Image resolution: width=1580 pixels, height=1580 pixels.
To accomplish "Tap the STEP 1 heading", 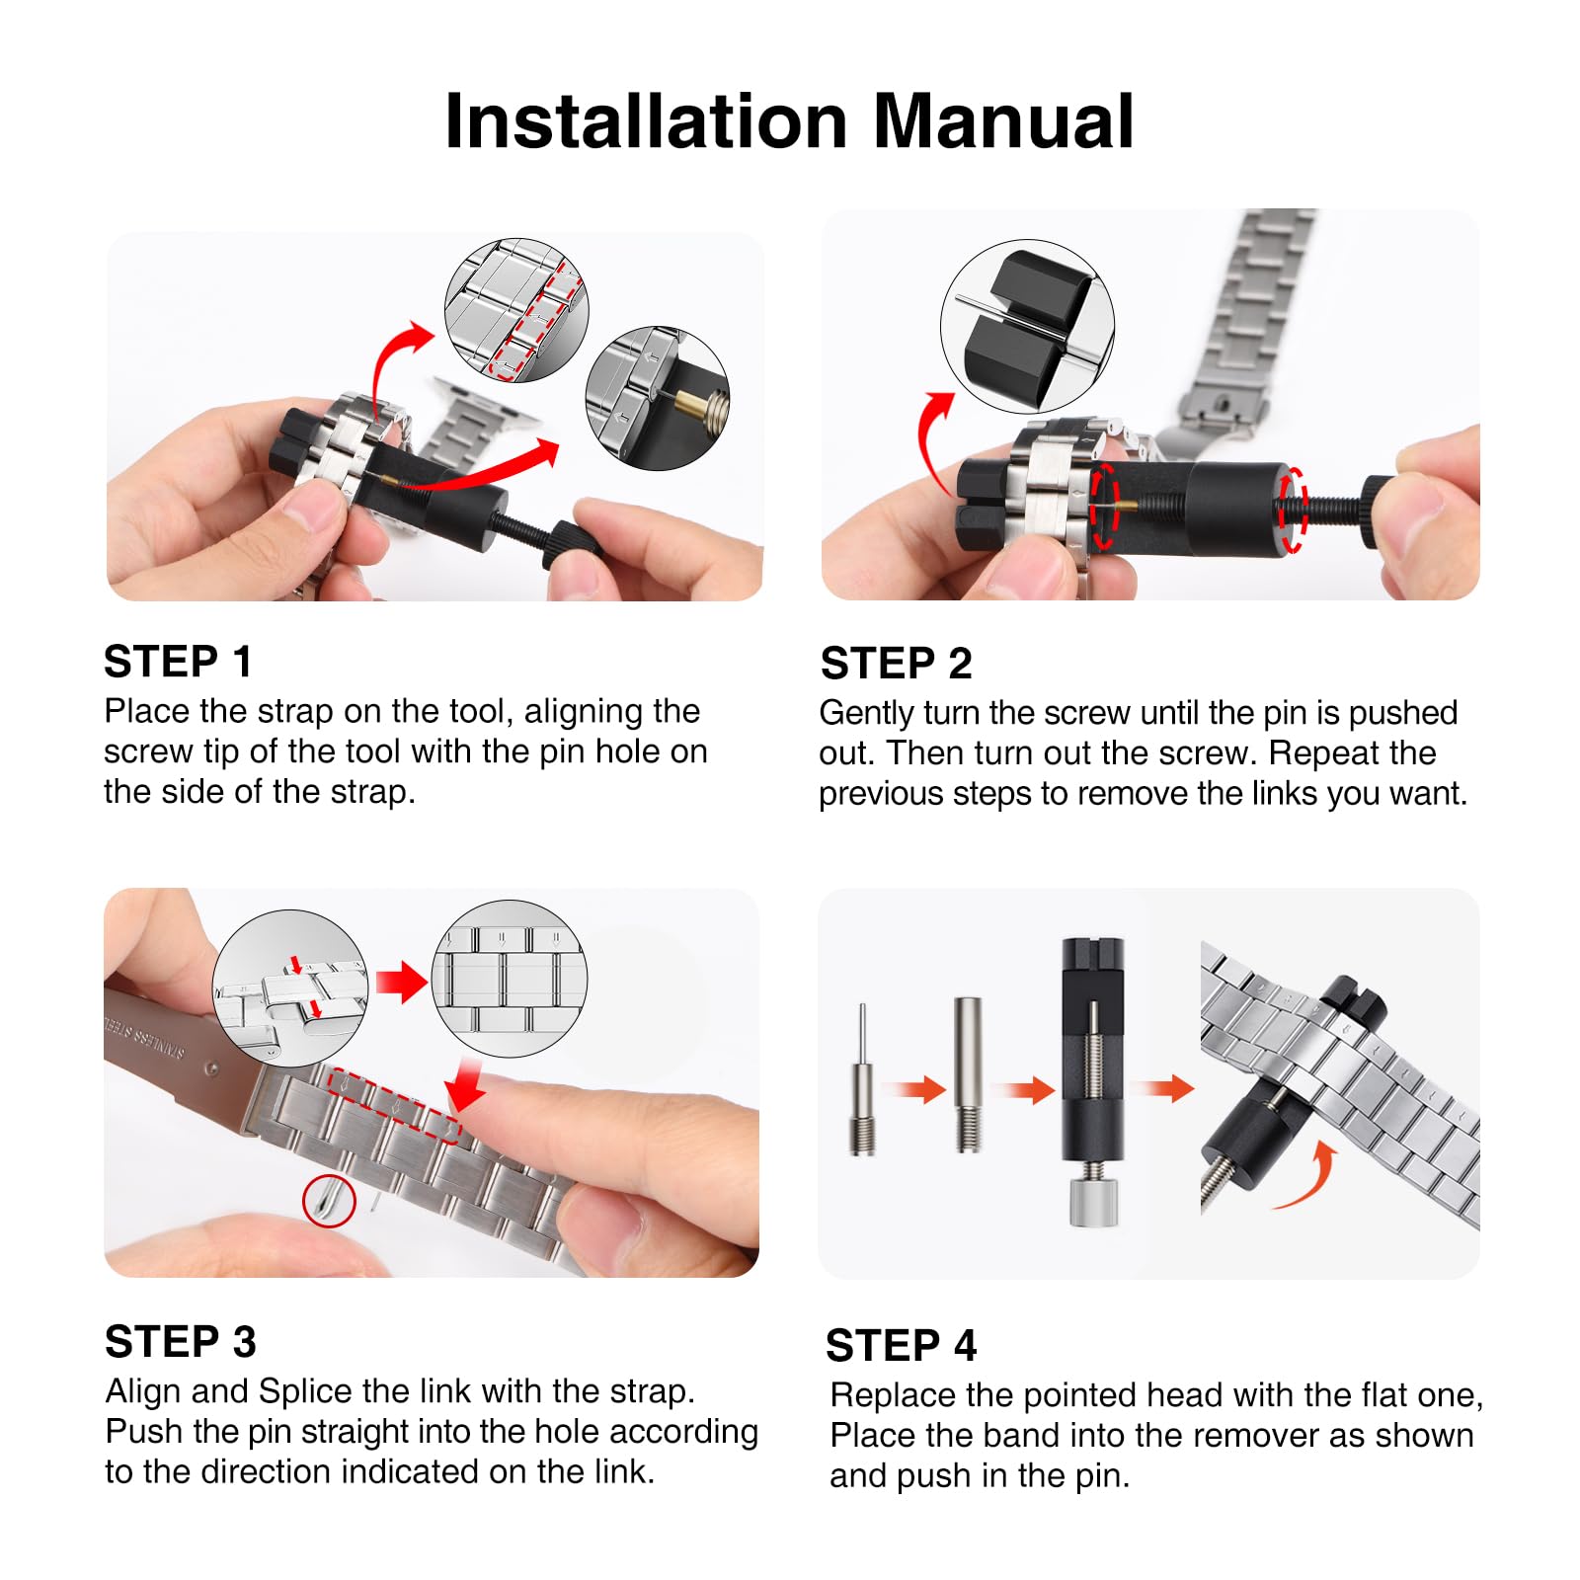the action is pyautogui.click(x=178, y=662).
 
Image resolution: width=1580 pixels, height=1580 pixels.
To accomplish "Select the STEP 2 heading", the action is pyautogui.click(x=896, y=664).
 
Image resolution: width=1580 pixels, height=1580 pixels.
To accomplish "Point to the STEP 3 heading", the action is pyautogui.click(x=181, y=1342).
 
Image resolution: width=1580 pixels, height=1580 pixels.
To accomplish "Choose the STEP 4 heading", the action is pyautogui.click(x=901, y=1346).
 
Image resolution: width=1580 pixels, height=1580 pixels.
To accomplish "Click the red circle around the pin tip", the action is pyautogui.click(x=329, y=1201).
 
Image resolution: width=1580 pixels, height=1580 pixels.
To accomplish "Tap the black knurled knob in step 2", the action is pyautogui.click(x=1381, y=512).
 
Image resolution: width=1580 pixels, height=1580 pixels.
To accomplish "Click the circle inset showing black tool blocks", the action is pyautogui.click(x=1027, y=327).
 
